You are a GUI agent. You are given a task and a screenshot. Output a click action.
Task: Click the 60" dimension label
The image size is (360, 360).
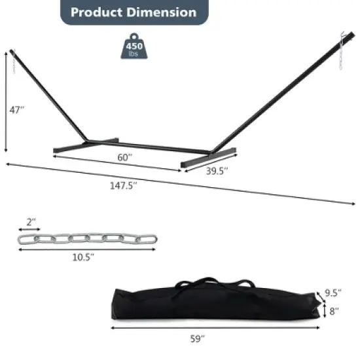[125, 157]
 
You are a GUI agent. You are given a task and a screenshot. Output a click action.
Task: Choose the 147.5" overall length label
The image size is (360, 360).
[124, 186]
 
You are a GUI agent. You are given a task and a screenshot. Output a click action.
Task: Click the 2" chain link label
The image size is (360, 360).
[30, 221]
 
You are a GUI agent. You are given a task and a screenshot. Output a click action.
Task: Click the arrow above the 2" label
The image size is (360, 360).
[30, 230]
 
